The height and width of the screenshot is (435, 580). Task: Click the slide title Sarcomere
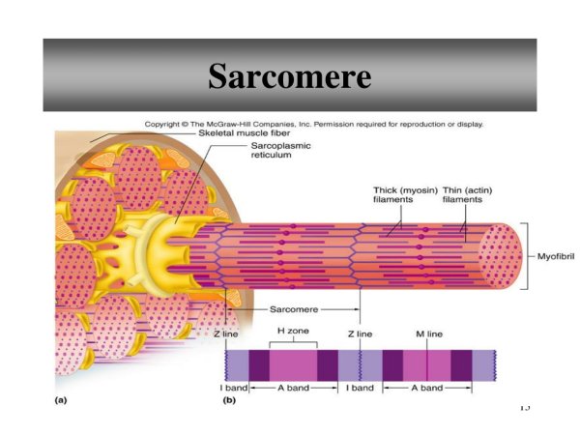tap(290, 75)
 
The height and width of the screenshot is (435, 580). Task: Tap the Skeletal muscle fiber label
tap(245, 133)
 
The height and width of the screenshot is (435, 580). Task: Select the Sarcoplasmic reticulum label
tap(280, 150)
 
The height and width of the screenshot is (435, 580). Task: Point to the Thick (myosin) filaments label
tap(405, 195)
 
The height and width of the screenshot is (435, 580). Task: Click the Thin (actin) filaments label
tap(468, 195)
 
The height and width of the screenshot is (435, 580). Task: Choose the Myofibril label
tap(556, 256)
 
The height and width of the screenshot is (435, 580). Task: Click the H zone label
tap(293, 331)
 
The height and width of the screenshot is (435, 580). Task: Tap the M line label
tap(429, 334)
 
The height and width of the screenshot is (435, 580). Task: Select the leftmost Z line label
tap(226, 334)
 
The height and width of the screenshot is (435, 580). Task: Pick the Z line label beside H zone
tap(360, 334)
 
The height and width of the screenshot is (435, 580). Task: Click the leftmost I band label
tap(233, 388)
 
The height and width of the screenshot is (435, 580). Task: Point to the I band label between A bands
tap(360, 388)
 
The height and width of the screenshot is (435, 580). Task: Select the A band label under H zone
tap(293, 388)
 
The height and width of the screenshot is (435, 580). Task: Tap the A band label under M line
tap(427, 388)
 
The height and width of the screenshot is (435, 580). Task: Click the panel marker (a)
tap(61, 400)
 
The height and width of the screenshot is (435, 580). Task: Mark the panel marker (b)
tap(229, 400)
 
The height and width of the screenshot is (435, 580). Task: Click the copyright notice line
tap(313, 125)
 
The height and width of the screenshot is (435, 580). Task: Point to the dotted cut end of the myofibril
tap(500, 256)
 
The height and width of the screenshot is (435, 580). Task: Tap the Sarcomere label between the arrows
tap(294, 309)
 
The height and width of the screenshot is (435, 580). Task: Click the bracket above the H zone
tap(293, 341)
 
